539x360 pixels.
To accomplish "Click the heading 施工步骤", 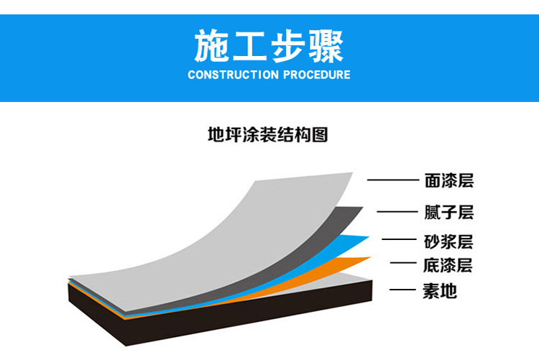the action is click(269, 46).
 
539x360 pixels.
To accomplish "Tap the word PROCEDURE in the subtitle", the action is click(316, 75).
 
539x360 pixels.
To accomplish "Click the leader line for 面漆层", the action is click(392, 181).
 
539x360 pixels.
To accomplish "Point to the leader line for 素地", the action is click(403, 291).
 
